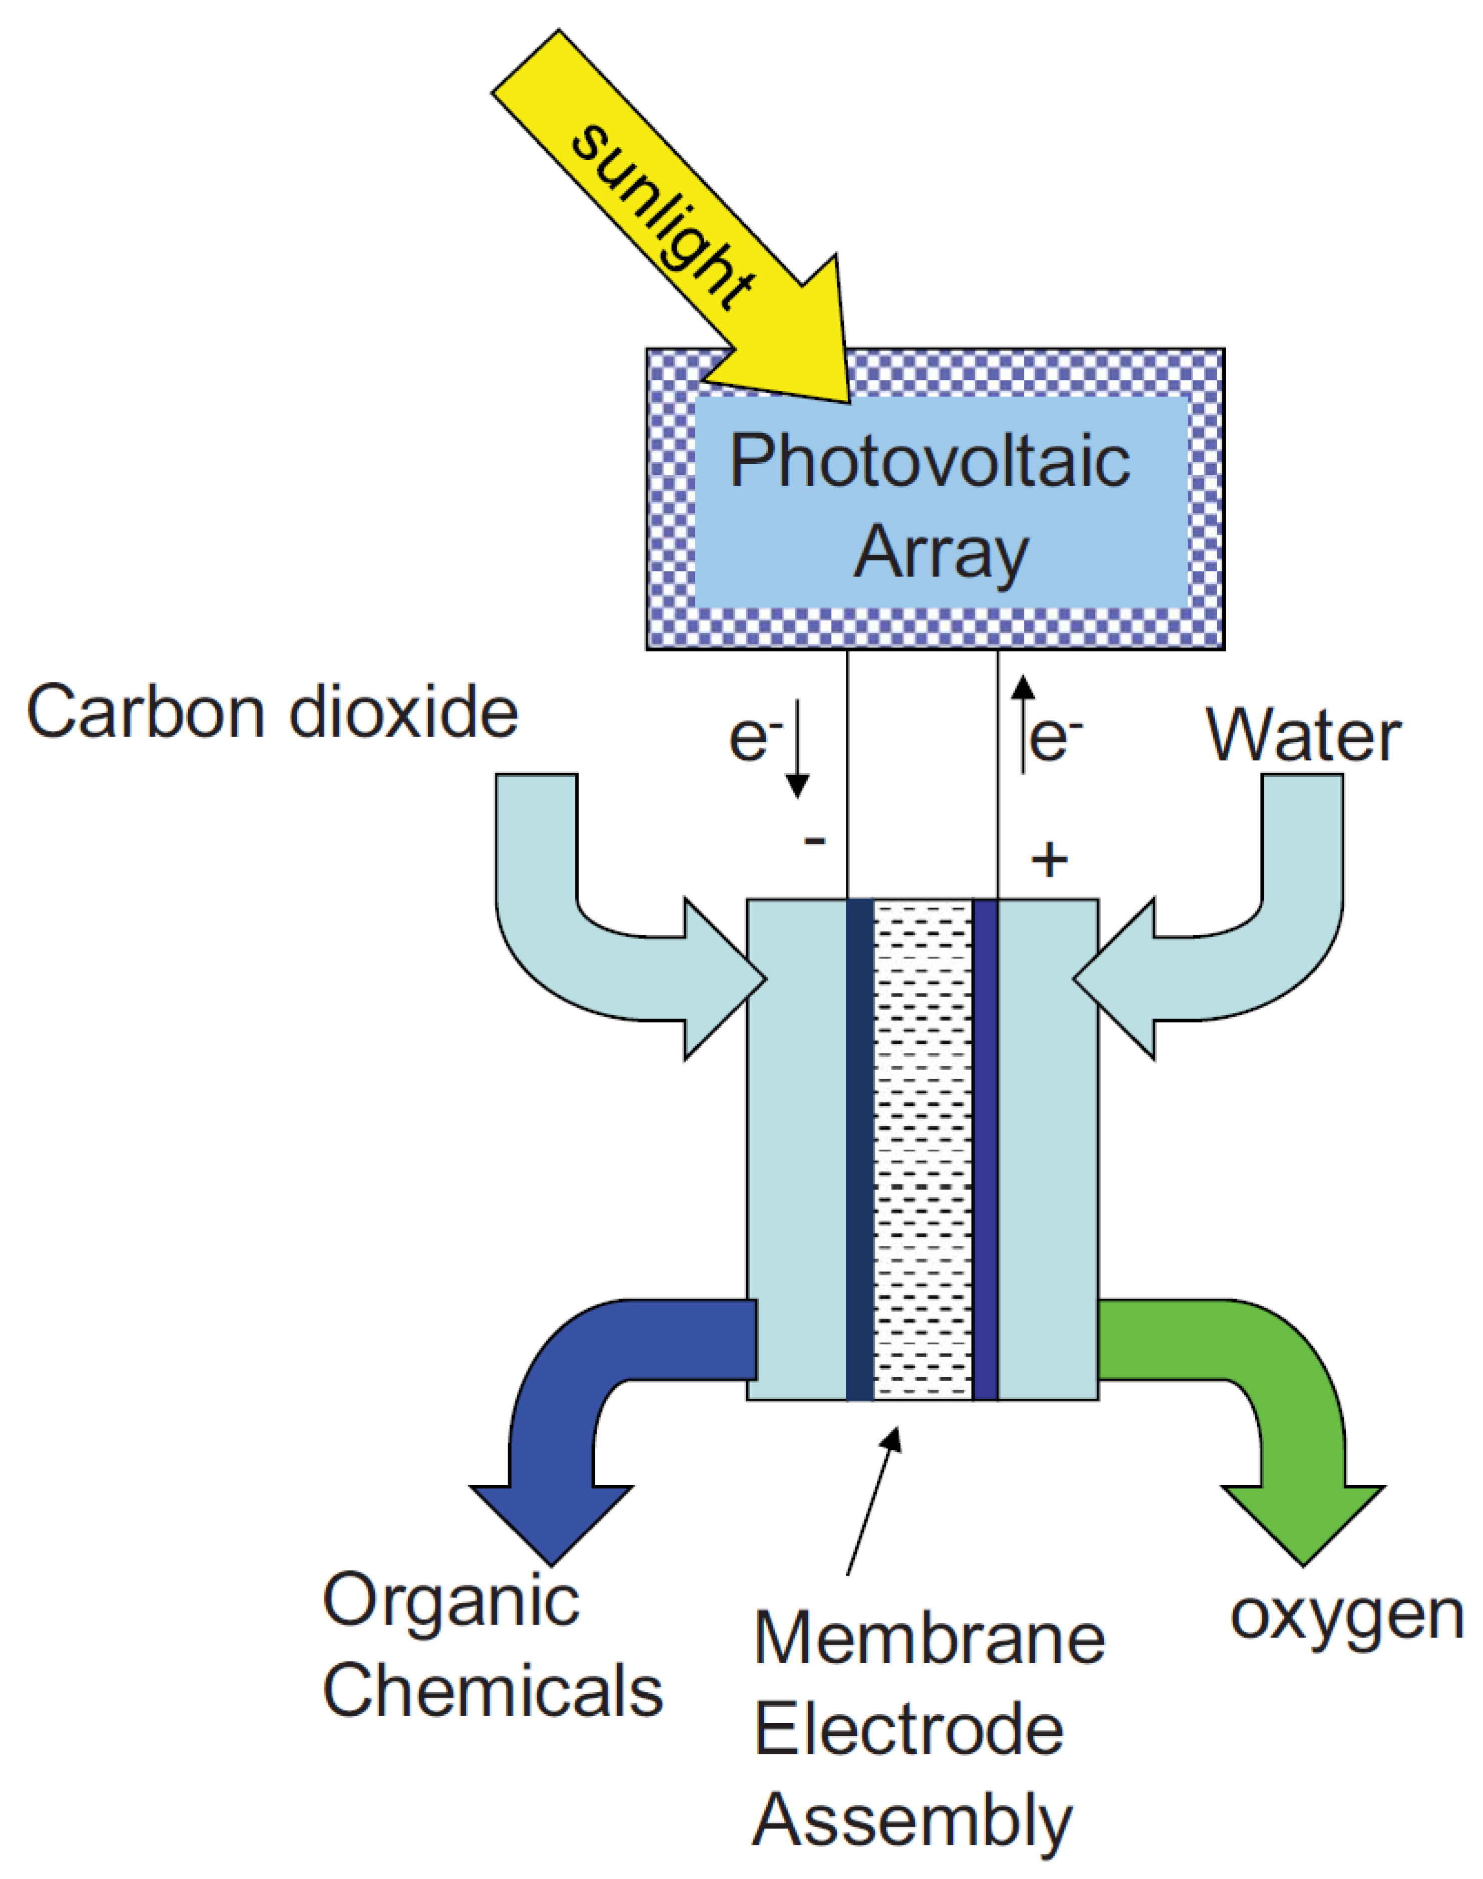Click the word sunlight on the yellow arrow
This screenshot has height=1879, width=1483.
click(x=662, y=217)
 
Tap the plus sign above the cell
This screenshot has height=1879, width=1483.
click(x=1049, y=860)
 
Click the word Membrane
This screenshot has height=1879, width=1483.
click(x=929, y=1639)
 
